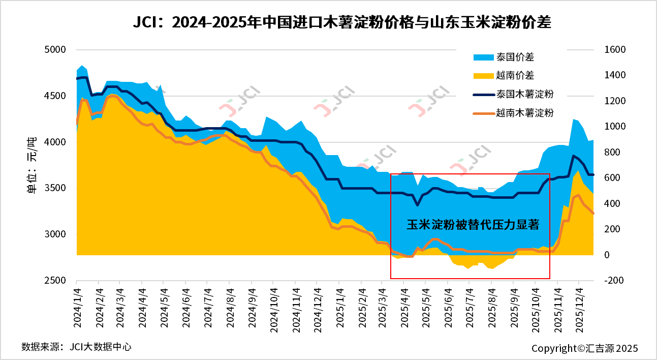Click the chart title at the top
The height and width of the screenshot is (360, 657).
(341, 23)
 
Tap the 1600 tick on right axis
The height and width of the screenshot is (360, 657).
(615, 50)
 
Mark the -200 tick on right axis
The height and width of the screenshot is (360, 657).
(613, 281)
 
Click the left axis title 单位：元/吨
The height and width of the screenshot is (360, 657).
(32, 166)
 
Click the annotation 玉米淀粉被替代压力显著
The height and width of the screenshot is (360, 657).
(473, 225)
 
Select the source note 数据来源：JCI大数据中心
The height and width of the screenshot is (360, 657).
(76, 347)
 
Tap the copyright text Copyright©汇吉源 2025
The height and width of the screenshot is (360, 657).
(584, 348)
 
